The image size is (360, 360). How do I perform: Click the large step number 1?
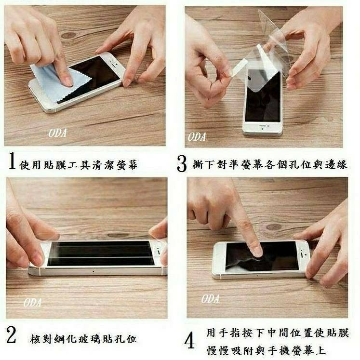coord(12,161)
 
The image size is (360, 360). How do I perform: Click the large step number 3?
coord(182,163)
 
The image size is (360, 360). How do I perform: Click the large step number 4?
coord(190,341)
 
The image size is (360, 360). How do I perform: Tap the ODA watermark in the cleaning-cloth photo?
coord(57,133)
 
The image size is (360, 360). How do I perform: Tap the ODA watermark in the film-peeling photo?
coord(197,137)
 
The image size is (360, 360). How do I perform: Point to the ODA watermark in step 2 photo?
coord(32,303)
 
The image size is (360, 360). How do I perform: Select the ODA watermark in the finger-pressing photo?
coord(210,299)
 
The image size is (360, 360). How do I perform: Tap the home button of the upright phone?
coord(263,129)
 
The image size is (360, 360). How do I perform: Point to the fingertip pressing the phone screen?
coord(257,252)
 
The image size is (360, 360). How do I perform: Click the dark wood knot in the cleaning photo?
coord(68,35)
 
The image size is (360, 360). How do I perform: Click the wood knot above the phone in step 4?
coord(274,227)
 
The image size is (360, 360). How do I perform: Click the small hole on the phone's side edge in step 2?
coord(93,271)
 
